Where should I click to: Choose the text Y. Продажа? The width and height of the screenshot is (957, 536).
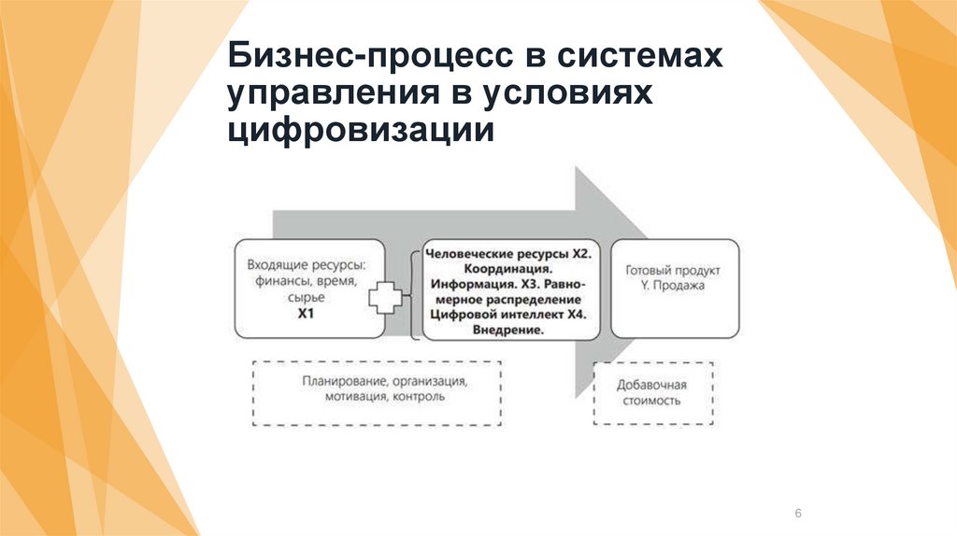(x=674, y=286)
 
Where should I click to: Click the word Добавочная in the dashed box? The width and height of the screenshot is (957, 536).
(x=652, y=385)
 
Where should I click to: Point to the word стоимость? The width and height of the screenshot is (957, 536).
(x=652, y=401)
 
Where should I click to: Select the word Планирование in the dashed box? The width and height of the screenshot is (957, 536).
(x=336, y=381)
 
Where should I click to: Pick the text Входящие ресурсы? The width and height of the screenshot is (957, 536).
(x=306, y=265)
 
